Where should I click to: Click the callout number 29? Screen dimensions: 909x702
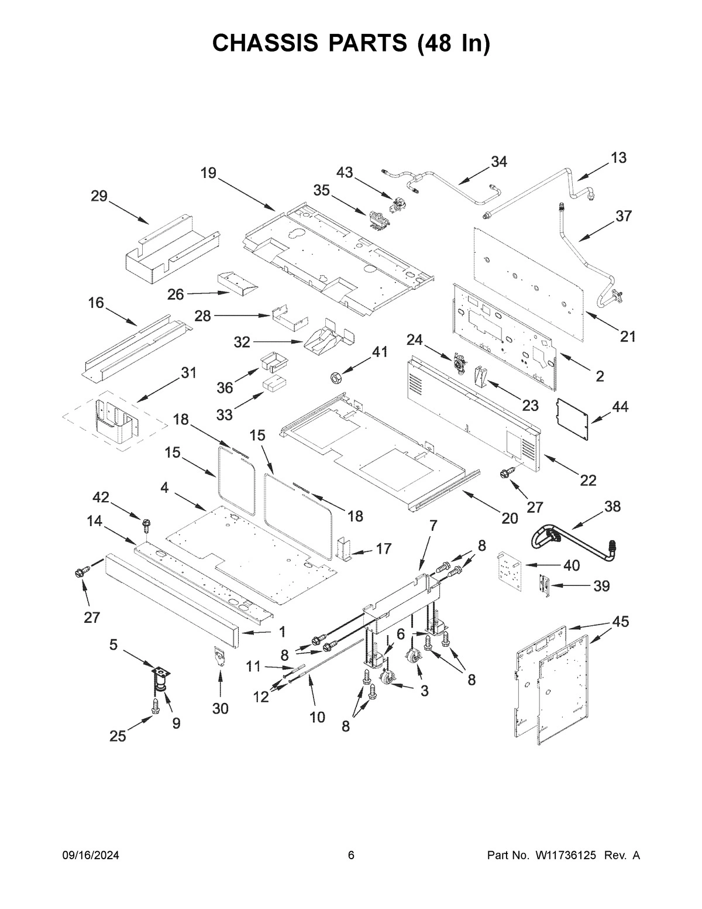[99, 196]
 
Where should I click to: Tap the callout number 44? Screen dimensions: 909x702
[620, 406]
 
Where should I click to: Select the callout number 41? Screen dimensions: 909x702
[380, 352]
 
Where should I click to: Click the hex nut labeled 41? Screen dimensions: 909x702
[337, 379]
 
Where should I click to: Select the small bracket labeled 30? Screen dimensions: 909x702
[219, 656]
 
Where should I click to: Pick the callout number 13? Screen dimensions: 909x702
[618, 157]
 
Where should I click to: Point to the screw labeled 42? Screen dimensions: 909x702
[146, 523]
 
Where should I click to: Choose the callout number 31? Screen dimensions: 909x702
[188, 373]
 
